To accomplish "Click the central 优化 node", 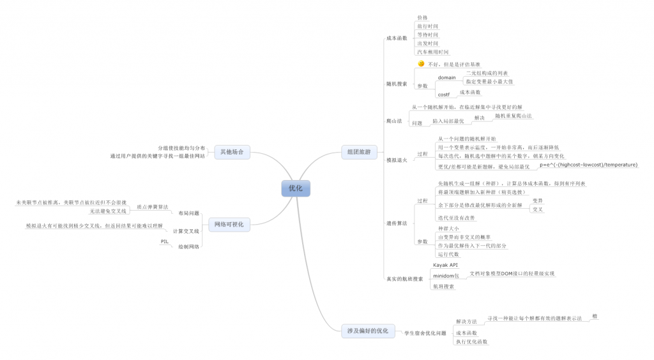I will point(295,188).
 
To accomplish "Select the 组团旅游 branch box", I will point(359,152).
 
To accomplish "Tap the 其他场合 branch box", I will point(232,152).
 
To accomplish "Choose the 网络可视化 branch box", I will point(229,224).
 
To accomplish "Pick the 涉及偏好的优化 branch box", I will point(367,331).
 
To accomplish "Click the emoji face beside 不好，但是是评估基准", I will point(422,64).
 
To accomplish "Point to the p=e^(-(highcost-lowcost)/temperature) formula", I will point(588,165).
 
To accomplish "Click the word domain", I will point(446,78).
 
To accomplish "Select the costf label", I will point(443,95).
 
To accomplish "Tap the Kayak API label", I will point(446,264).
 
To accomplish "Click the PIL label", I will point(164,241).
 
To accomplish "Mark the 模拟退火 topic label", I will point(397,160).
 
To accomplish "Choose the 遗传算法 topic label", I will point(397,223).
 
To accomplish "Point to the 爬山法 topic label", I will point(394,121).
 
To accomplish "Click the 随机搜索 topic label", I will point(397,84).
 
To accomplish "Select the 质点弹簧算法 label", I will point(153,207).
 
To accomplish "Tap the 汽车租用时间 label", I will point(432,52).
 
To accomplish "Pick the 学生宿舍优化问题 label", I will point(425,333).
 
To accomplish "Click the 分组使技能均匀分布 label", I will point(182,147).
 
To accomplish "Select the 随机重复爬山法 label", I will point(513,116).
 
